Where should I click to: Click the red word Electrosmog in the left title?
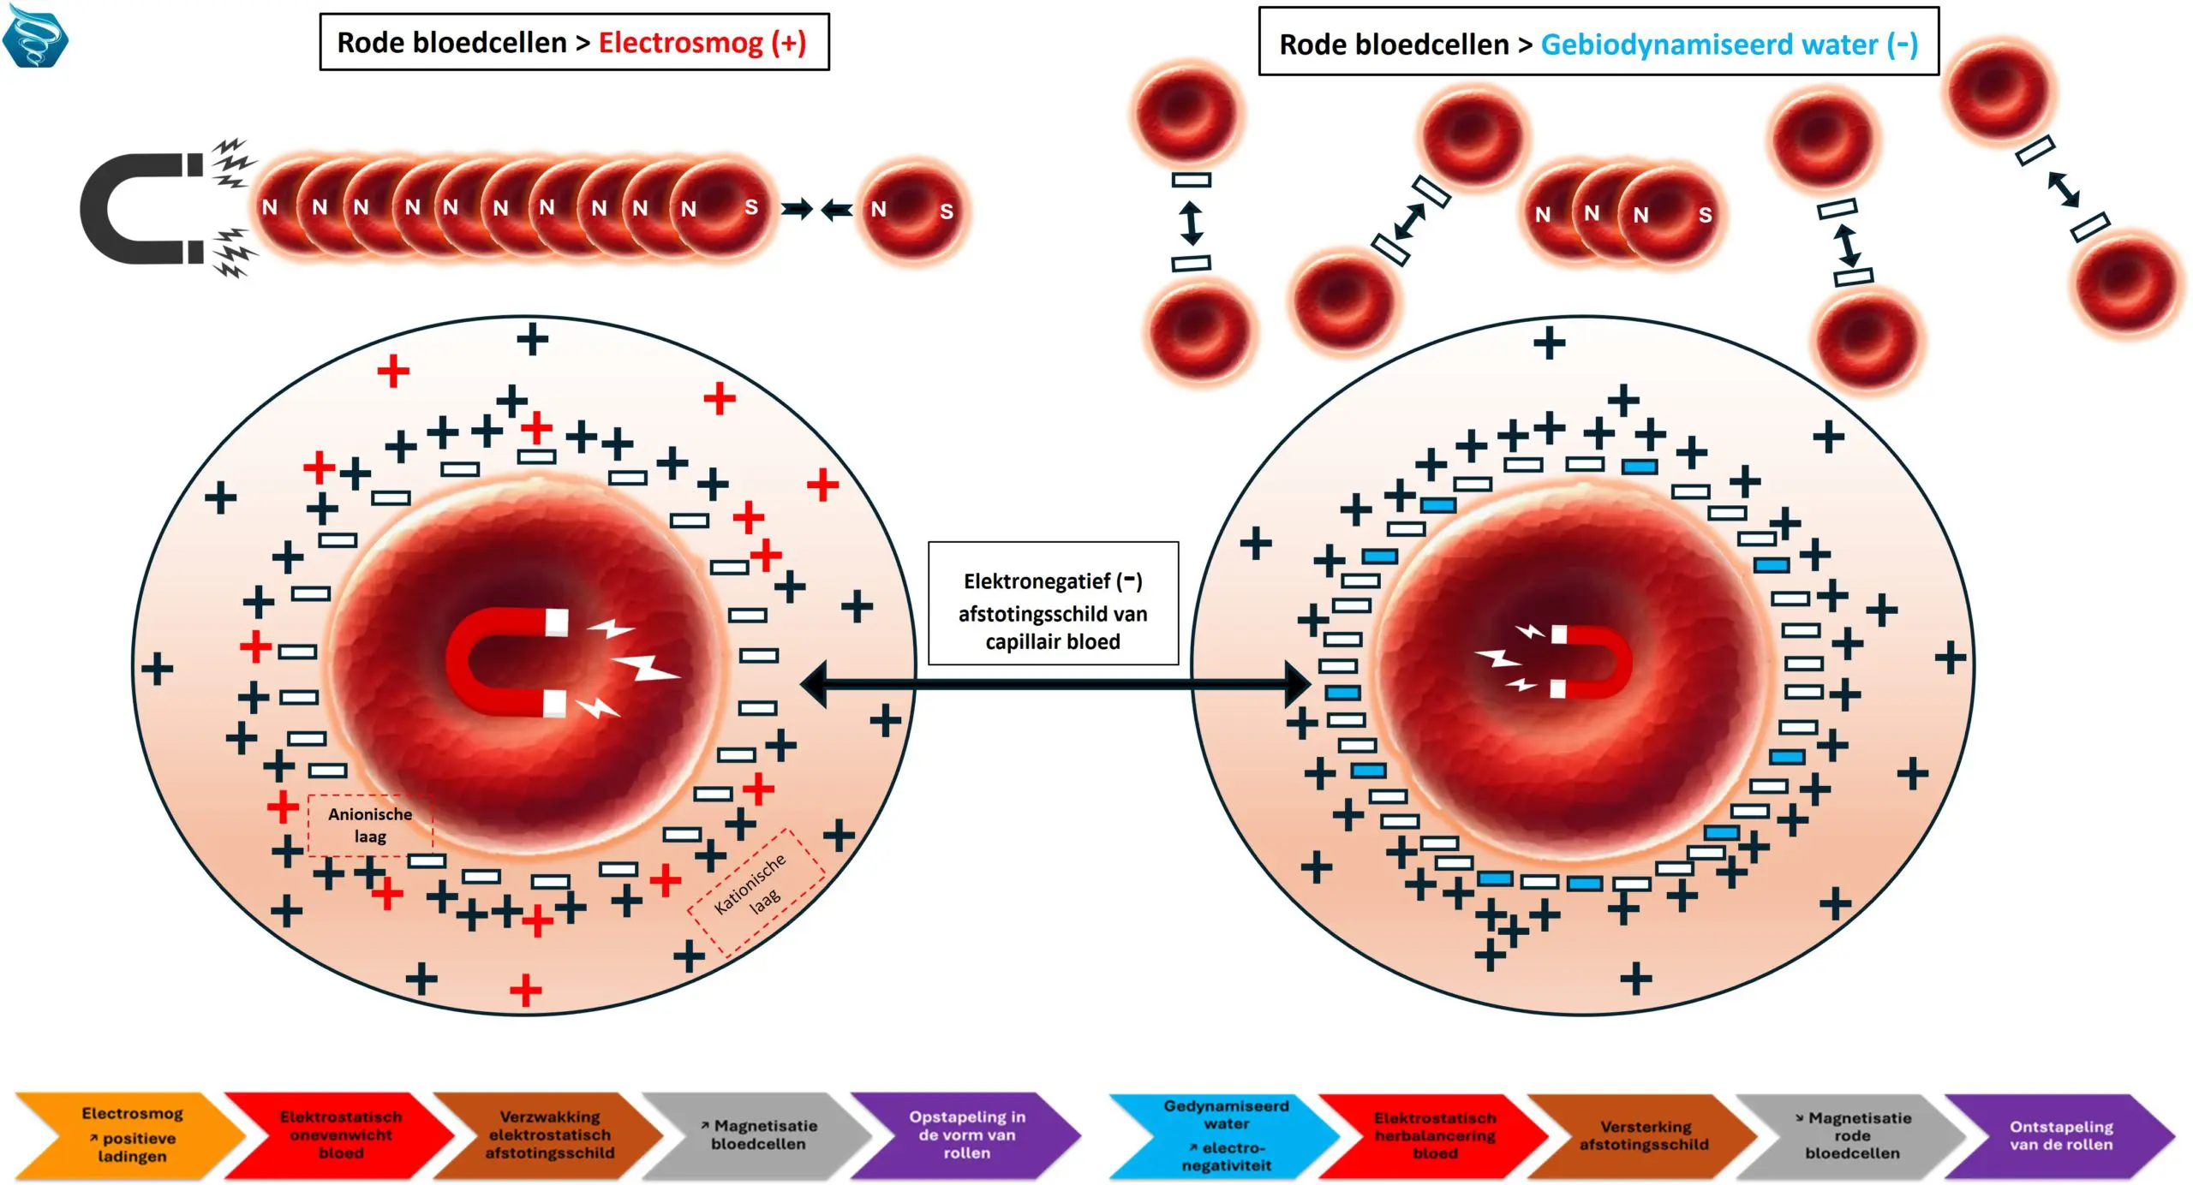[680, 42]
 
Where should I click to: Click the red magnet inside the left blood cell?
[505, 662]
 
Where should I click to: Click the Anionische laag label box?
[370, 825]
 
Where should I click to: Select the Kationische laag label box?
[756, 891]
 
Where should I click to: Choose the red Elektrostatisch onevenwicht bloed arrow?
[340, 1135]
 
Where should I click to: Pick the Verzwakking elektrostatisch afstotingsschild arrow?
[549, 1135]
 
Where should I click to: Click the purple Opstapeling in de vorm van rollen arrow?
[966, 1135]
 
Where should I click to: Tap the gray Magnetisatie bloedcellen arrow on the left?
[758, 1135]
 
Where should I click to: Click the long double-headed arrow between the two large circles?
[1054, 684]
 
